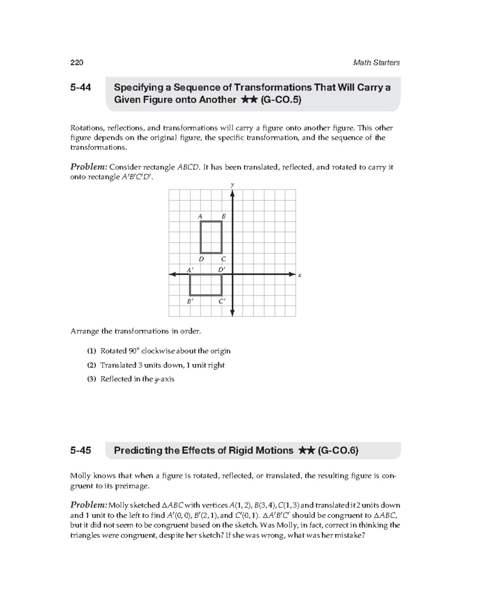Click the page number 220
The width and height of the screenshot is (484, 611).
point(77,62)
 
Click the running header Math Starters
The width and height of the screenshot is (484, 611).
point(376,62)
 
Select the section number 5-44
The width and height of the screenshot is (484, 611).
point(81,87)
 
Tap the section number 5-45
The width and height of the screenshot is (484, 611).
point(81,451)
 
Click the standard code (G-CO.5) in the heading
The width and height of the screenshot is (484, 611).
point(281,100)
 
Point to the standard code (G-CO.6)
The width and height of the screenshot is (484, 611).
point(338,451)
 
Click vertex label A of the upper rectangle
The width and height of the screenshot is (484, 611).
point(200,216)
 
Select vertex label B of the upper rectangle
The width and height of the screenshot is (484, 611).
point(224,216)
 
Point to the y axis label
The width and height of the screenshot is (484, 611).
point(232,185)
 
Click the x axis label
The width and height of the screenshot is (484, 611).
point(300,275)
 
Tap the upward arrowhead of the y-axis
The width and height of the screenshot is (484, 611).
point(232,193)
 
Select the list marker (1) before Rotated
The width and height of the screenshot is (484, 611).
point(92,351)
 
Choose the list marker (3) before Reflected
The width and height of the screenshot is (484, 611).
point(92,379)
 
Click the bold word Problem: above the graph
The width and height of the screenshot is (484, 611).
point(89,167)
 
